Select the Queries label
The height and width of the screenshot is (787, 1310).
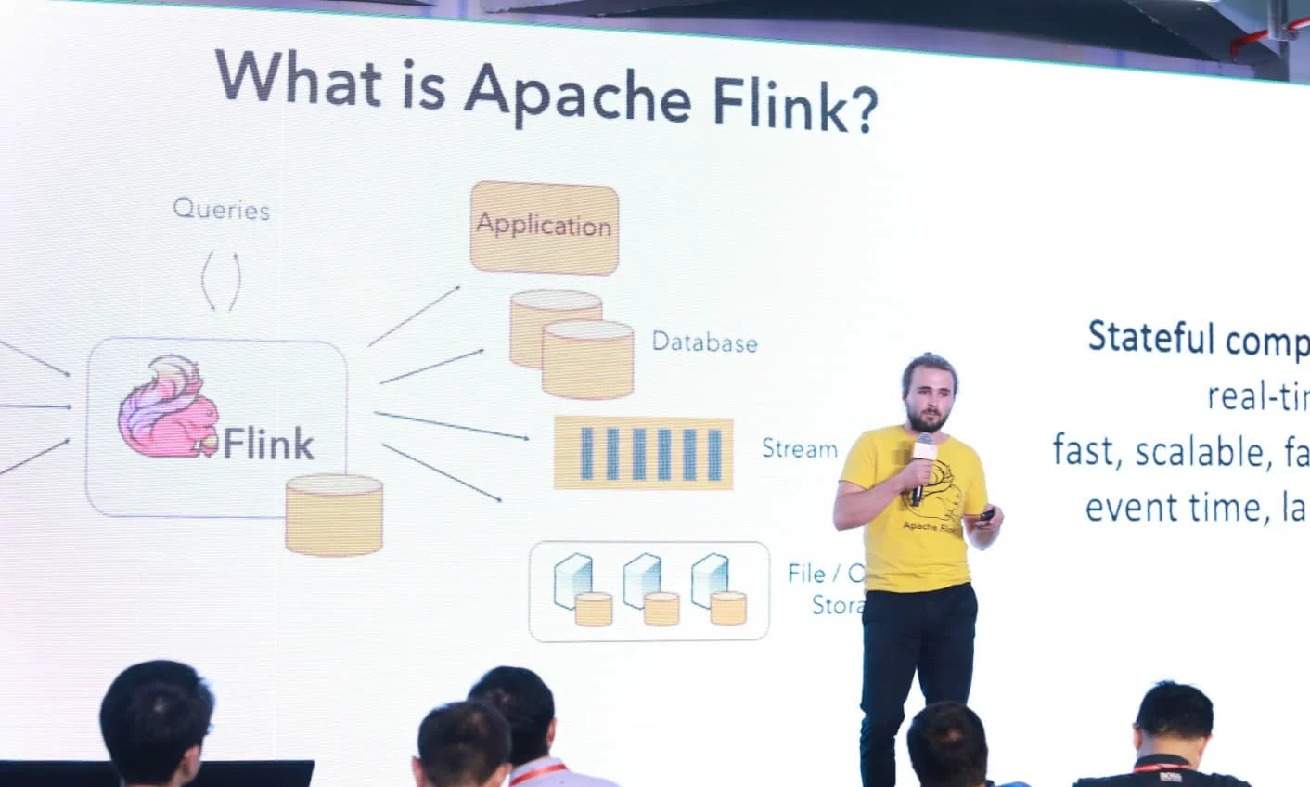pyautogui.click(x=221, y=210)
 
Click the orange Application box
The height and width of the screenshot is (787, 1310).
pyautogui.click(x=544, y=226)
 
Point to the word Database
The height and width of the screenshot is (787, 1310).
pyautogui.click(x=704, y=342)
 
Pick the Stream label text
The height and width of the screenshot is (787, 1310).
pyautogui.click(x=799, y=449)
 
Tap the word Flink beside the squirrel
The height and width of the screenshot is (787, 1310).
pyautogui.click(x=268, y=445)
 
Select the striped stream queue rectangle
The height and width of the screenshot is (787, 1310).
pyautogui.click(x=643, y=453)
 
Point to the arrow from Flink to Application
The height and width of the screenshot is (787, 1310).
pyautogui.click(x=414, y=316)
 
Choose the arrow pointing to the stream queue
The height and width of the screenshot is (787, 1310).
pyautogui.click(x=451, y=424)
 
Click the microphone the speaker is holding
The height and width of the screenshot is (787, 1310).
pyautogui.click(x=921, y=464)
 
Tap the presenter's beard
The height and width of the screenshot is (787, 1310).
pyautogui.click(x=928, y=420)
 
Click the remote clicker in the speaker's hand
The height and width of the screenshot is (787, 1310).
pyautogui.click(x=985, y=513)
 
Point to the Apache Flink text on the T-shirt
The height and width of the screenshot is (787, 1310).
pyautogui.click(x=930, y=526)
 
